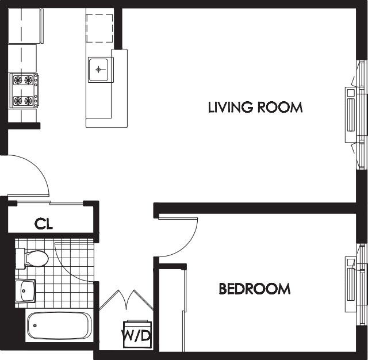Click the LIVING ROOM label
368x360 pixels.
point(255,107)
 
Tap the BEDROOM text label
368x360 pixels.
point(254,289)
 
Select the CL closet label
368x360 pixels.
point(44,224)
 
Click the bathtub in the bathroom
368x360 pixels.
point(58,327)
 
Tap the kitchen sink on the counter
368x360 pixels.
point(100,70)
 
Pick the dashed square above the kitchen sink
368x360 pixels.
point(100,27)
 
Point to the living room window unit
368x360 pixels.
point(353,114)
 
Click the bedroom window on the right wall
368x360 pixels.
point(353,284)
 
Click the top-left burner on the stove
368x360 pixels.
point(18,81)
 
